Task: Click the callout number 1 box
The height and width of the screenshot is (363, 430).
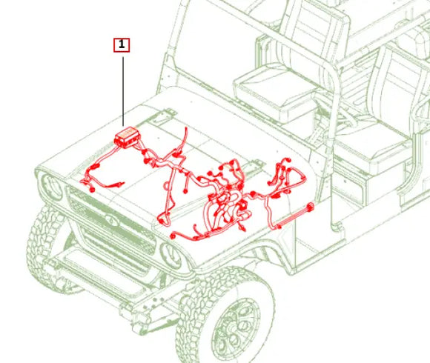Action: [x=122, y=45]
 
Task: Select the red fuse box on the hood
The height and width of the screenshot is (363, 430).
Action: [x=128, y=137]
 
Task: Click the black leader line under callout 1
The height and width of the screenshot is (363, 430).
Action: [x=123, y=92]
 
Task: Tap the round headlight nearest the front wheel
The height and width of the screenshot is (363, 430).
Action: [x=171, y=256]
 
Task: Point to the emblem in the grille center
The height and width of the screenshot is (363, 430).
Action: [x=112, y=219]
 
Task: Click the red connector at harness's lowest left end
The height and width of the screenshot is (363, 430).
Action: [x=172, y=236]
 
